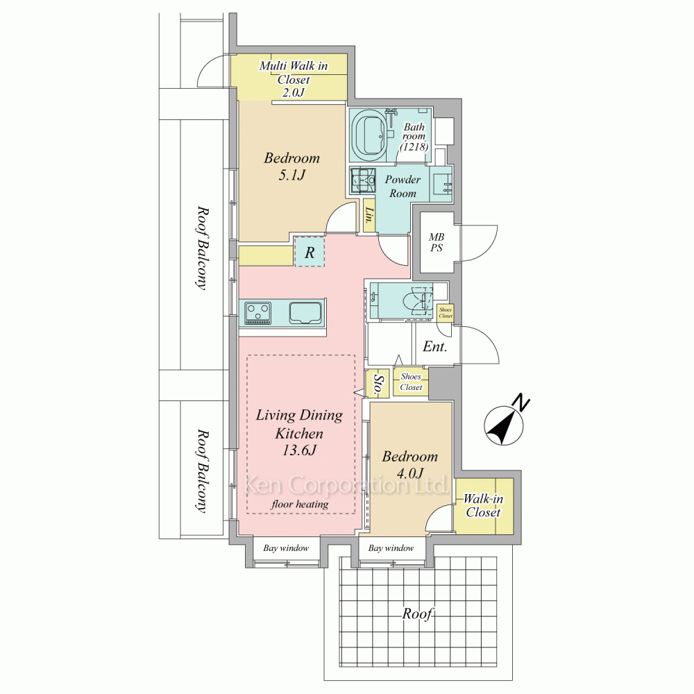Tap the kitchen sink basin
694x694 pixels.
click(x=305, y=313)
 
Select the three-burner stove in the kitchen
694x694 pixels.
click(x=258, y=312)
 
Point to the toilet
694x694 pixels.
click(x=418, y=298)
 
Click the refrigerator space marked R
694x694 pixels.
click(x=310, y=251)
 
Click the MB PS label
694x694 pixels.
click(x=437, y=242)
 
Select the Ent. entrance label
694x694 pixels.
click(x=434, y=346)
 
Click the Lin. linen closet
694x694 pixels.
click(x=369, y=217)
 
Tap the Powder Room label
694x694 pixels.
click(x=402, y=186)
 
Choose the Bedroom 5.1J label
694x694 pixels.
click(x=291, y=167)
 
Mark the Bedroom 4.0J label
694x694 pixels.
click(x=410, y=465)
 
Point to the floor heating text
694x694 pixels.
click(x=300, y=504)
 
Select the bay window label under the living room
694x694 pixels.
click(x=286, y=548)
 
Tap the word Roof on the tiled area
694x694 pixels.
click(x=417, y=614)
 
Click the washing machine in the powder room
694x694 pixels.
click(x=362, y=180)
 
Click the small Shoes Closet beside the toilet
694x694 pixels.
click(x=446, y=313)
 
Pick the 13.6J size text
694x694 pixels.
click(x=299, y=450)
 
